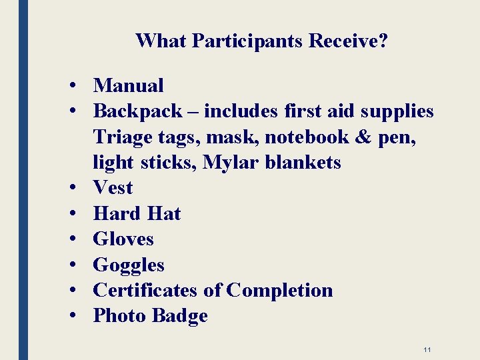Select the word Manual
point(128,85)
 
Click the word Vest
point(113,188)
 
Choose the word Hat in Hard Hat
point(163,214)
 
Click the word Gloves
point(123,239)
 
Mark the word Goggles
point(129,265)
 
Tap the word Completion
point(279,291)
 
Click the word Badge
point(180,316)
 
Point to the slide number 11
point(427,349)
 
